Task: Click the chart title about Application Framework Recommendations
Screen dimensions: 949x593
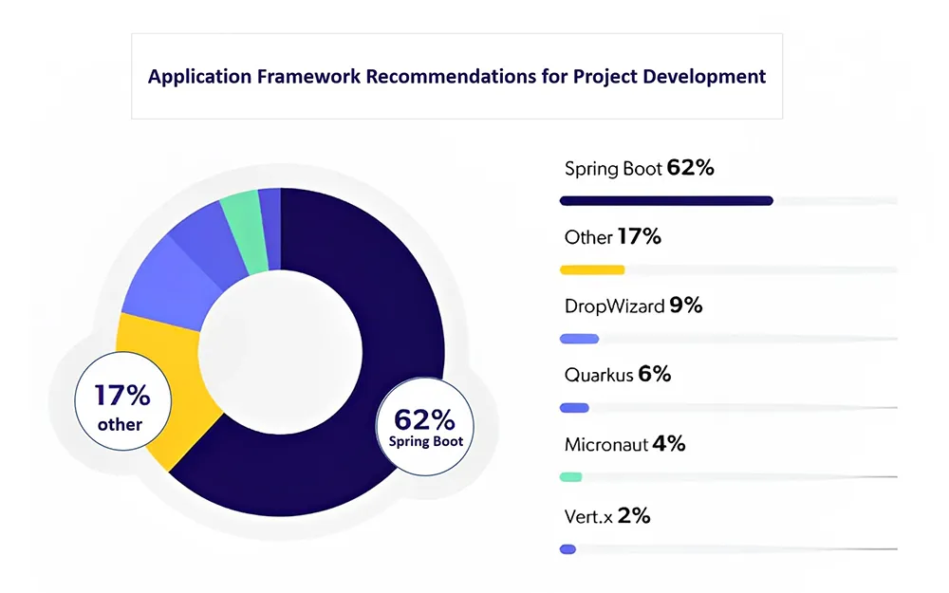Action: coord(457,77)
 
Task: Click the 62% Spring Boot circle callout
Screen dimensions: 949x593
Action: coord(425,427)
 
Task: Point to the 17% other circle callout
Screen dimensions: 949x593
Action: coord(122,401)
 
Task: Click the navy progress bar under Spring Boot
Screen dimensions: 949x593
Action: coord(666,201)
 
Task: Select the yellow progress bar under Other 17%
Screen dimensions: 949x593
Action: coord(592,269)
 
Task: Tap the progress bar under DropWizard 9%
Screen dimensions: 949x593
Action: coord(579,339)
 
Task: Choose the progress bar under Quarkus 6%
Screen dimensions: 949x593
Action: coord(574,408)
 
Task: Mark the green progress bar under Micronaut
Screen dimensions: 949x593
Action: coord(570,477)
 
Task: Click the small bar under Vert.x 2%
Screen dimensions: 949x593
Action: coord(568,549)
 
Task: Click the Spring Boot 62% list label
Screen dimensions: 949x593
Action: coord(639,168)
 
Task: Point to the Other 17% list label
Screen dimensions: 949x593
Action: coord(612,236)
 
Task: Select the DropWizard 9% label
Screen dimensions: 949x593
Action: coord(633,306)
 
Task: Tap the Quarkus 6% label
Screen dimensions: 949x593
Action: coord(618,375)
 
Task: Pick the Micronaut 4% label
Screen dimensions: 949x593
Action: coord(624,444)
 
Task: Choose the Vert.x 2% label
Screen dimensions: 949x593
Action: coord(607,516)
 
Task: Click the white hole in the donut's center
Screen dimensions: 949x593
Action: coord(280,352)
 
